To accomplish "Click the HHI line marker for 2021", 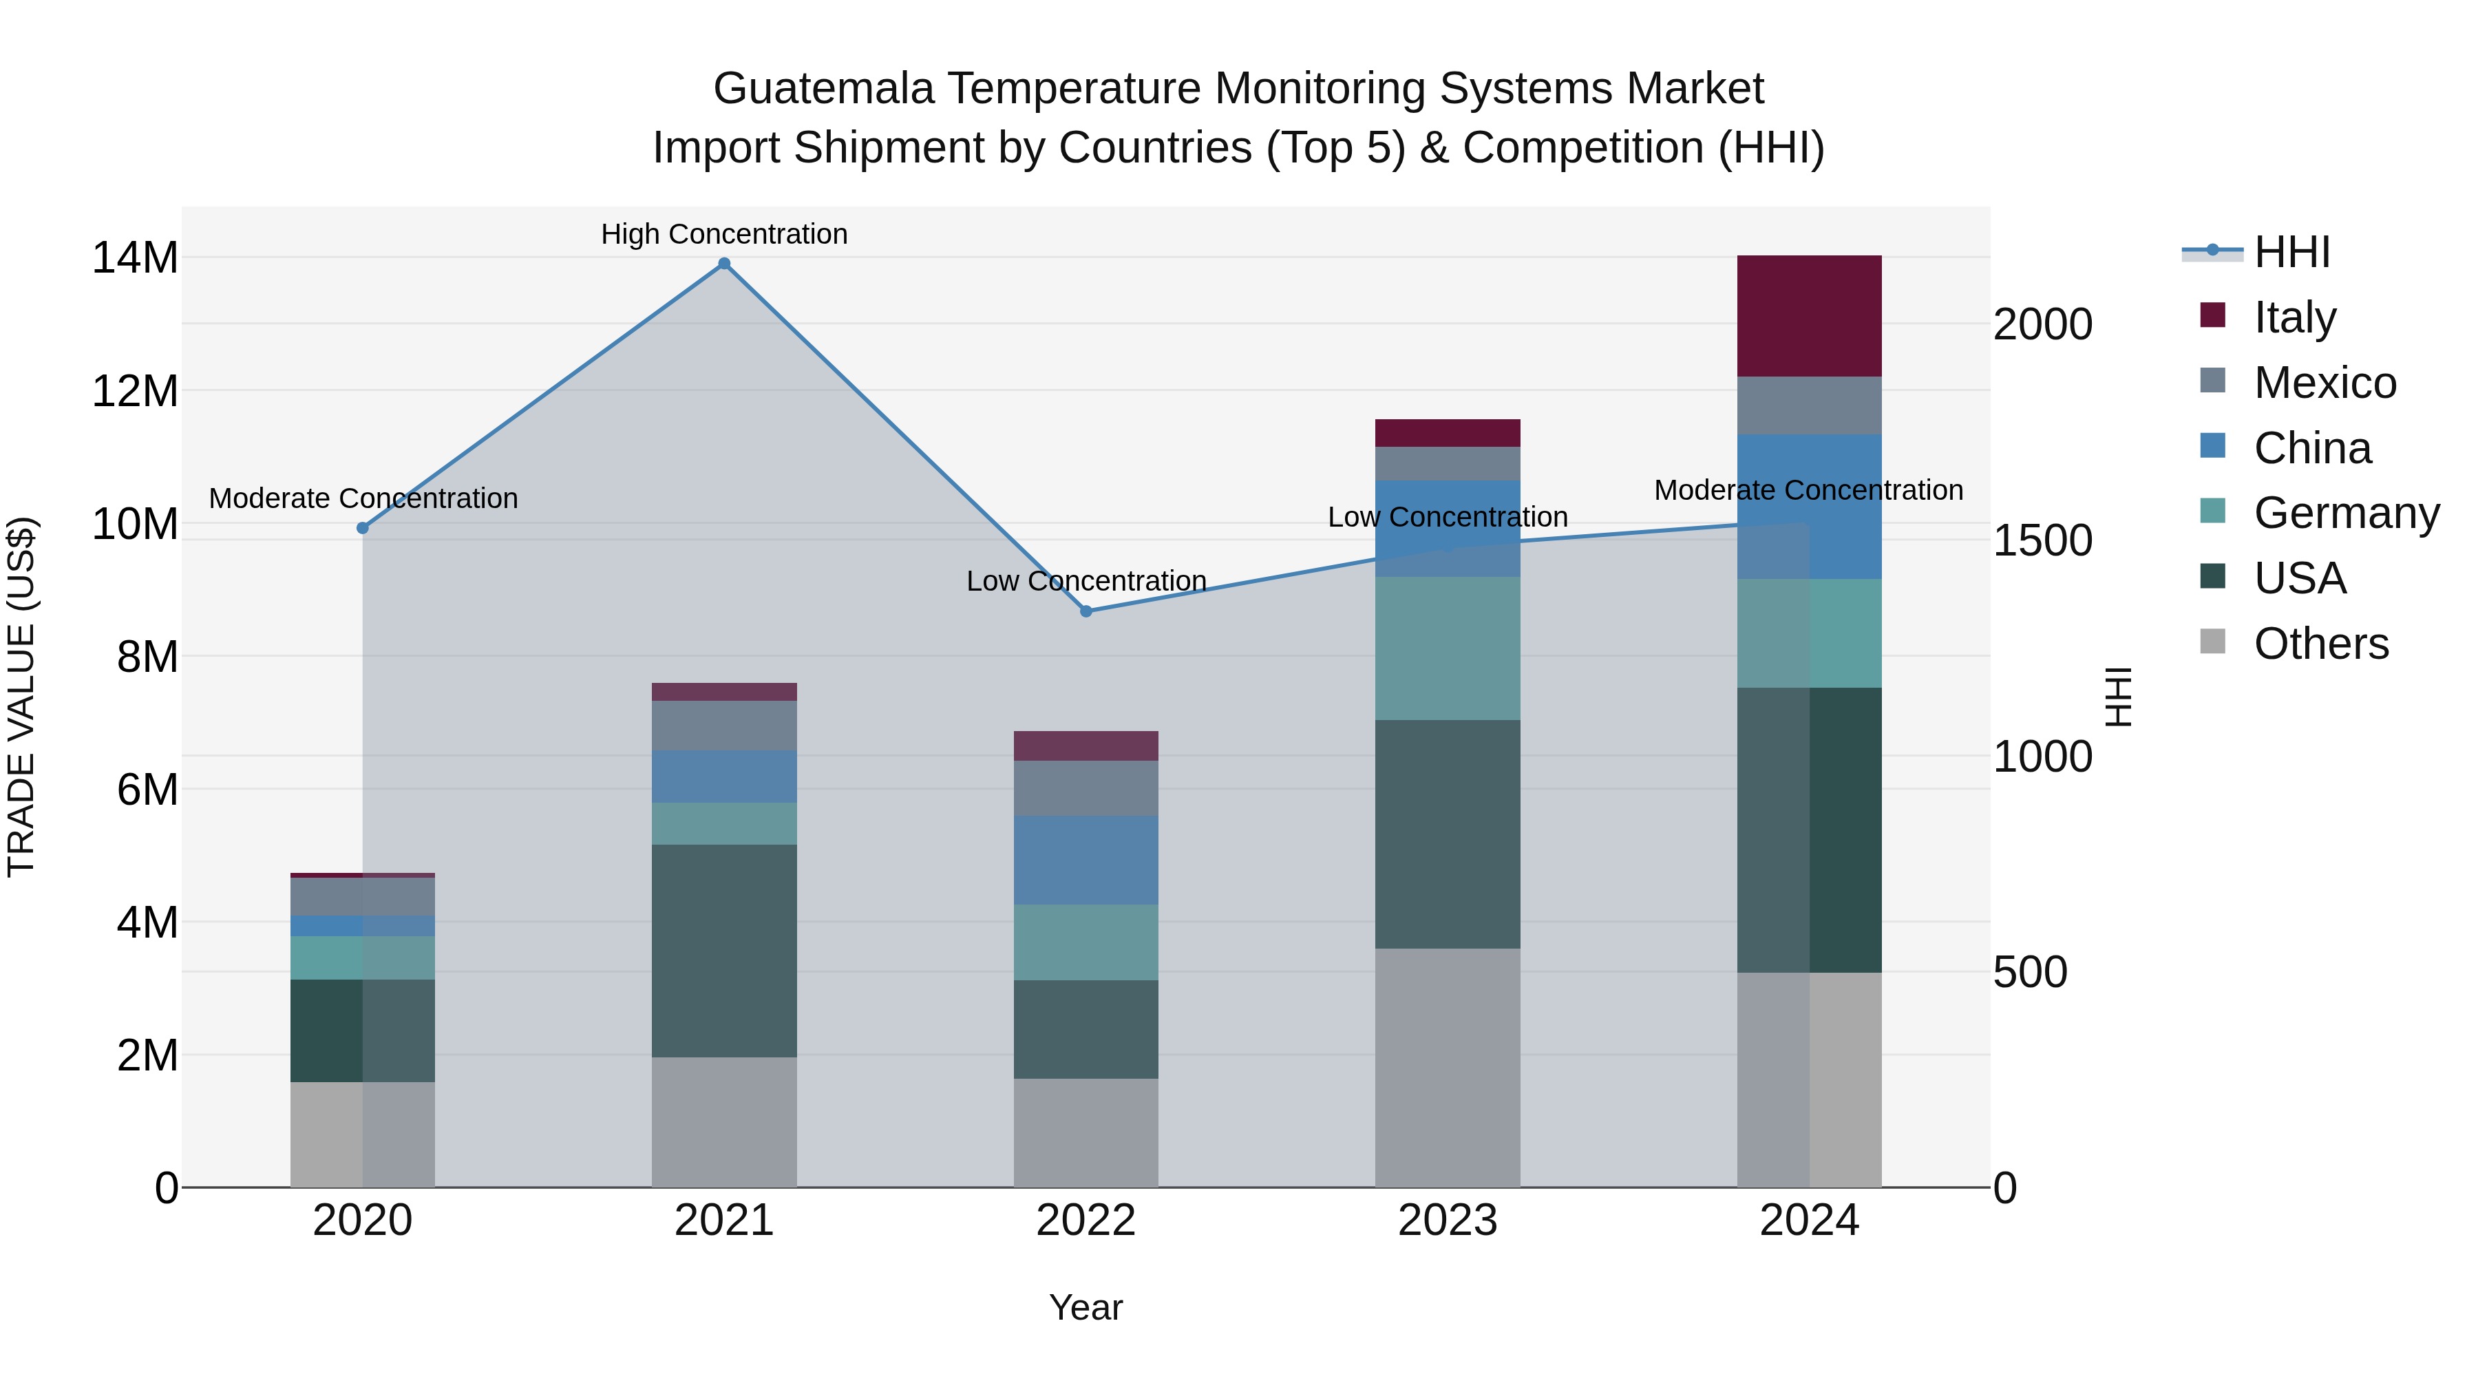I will click(x=724, y=264).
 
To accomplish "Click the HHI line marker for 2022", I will click(x=1086, y=611).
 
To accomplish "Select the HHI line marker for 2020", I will click(x=363, y=528).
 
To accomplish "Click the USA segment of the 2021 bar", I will click(x=724, y=951).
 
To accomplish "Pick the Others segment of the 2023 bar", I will click(x=1447, y=1067).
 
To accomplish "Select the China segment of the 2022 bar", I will click(x=1086, y=860).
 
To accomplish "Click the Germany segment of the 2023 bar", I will click(x=1447, y=648).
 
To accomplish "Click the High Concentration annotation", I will click(x=724, y=234).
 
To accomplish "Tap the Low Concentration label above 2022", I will click(x=1086, y=581).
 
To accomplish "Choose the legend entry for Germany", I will click(x=2345, y=513).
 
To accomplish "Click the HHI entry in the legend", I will click(x=2291, y=252).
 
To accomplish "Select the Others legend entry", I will click(x=2320, y=644).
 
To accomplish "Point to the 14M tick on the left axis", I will click(x=135, y=258).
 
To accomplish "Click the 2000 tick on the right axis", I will click(x=2042, y=324).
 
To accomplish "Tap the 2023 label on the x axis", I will click(x=1447, y=1221).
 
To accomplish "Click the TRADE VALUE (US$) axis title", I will click(x=21, y=697).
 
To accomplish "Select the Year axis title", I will click(x=1086, y=1307).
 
